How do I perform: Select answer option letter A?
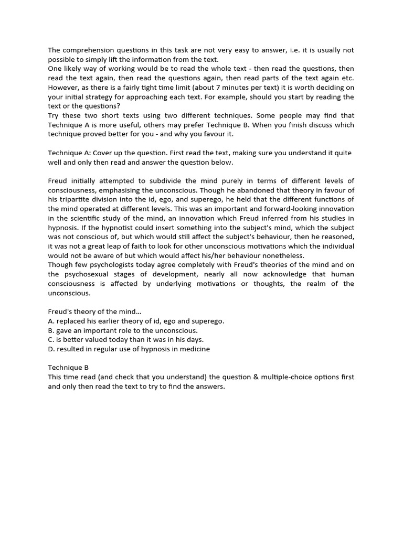51,321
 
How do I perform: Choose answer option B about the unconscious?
123,330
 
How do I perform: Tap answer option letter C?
51,340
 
